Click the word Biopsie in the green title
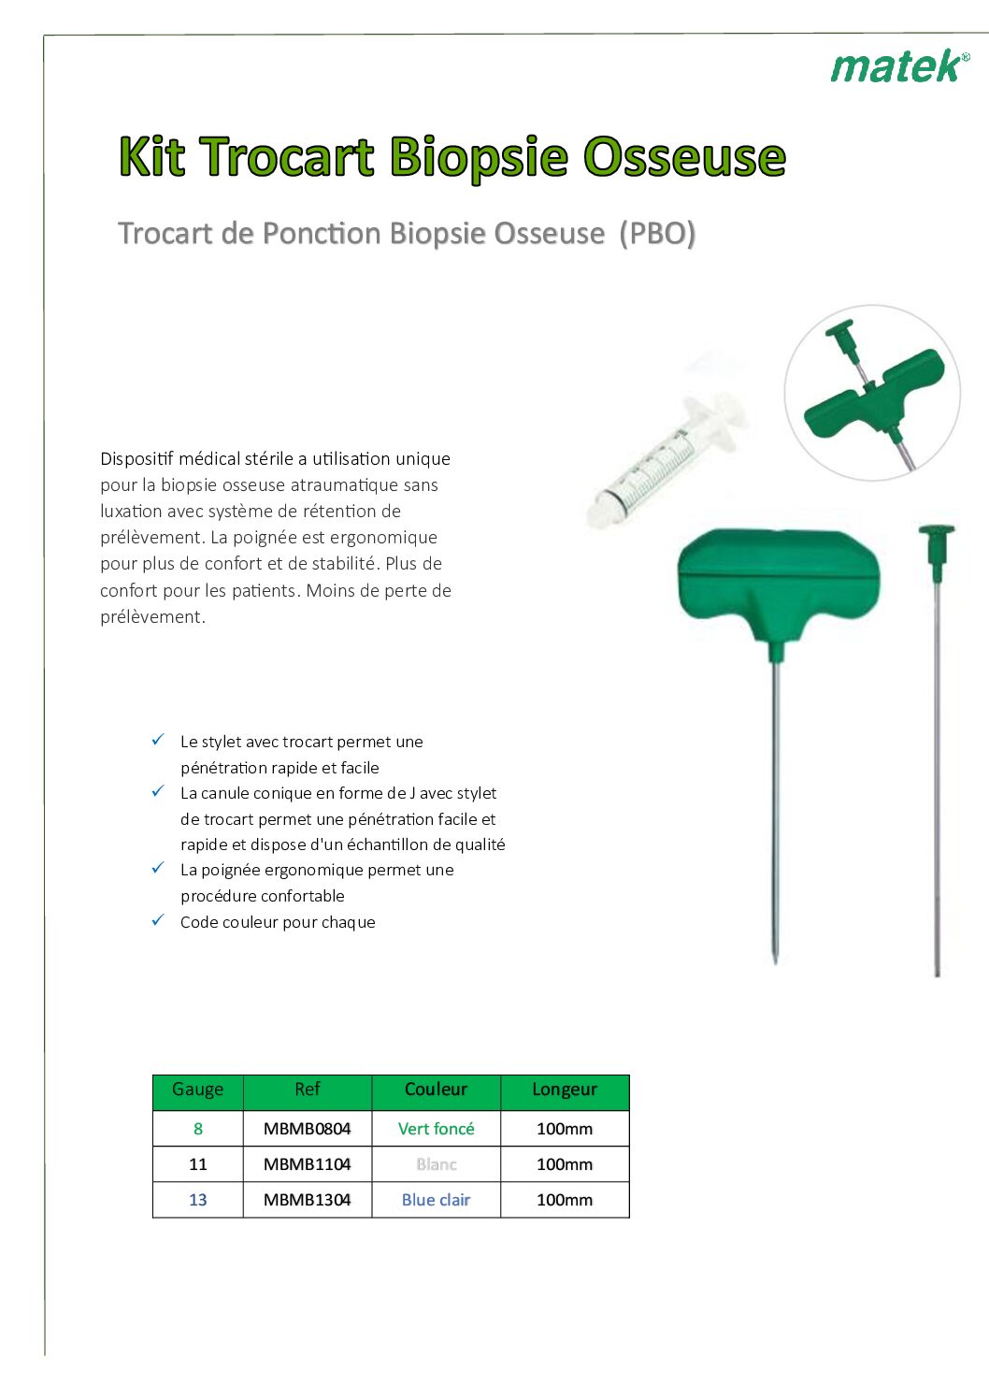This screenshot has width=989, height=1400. point(480,157)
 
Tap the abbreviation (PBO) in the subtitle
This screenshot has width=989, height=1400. point(657,233)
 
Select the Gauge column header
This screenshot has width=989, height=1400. point(197,1090)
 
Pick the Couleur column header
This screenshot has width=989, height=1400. point(437,1090)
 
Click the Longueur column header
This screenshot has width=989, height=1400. point(565,1090)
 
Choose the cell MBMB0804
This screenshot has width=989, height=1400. point(308,1128)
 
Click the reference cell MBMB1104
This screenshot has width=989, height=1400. point(308,1163)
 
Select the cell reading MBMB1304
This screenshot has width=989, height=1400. point(308,1199)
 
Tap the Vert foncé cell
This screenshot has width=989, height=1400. point(437,1128)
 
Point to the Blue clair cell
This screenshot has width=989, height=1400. point(437,1199)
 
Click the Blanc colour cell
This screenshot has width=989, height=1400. point(437,1163)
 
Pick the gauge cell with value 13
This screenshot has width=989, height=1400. point(197,1199)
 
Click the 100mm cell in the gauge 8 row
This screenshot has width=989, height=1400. point(565,1128)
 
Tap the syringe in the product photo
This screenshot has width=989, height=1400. point(666,455)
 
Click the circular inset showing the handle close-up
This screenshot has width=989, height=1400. point(872,393)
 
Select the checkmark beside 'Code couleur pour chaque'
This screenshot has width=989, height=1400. point(158,920)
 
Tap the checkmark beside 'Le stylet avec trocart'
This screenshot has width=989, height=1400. point(158,741)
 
